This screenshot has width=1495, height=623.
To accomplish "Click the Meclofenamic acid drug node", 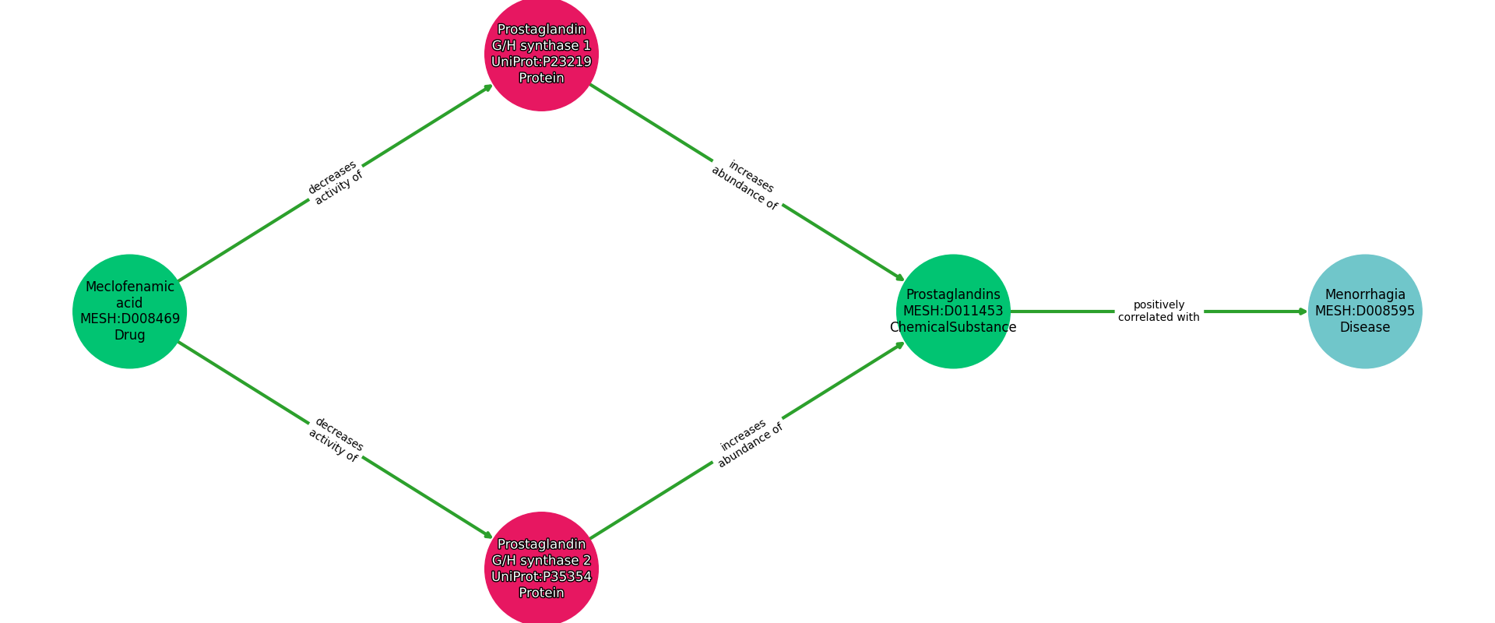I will [x=129, y=311].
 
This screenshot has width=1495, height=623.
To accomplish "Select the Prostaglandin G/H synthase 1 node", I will [x=541, y=54].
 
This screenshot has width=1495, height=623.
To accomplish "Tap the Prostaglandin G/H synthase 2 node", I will [x=541, y=568].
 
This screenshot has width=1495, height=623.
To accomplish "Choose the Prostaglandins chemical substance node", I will [x=953, y=311].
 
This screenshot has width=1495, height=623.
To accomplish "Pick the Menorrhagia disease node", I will [x=1364, y=311].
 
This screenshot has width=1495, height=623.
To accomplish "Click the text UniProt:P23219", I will [x=541, y=62].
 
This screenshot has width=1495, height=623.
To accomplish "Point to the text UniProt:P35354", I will [x=541, y=576].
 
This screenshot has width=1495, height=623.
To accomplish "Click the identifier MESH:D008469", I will [x=129, y=319].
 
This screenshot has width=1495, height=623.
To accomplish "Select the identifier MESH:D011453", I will [x=953, y=311].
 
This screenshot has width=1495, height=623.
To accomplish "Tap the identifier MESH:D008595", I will [x=1364, y=311].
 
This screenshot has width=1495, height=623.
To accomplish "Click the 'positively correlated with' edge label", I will [x=1159, y=311].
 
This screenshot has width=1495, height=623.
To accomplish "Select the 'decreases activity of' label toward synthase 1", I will [x=335, y=182].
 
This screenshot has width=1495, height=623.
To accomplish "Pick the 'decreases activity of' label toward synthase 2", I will [x=335, y=440].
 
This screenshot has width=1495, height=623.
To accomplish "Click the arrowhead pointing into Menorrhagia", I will [x=1303, y=311].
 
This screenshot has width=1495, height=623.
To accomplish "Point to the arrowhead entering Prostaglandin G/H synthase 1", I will [x=488, y=87].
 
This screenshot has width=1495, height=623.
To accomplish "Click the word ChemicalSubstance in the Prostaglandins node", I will [x=953, y=328].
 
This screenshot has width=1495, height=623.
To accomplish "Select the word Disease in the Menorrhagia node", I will [x=1364, y=328].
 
